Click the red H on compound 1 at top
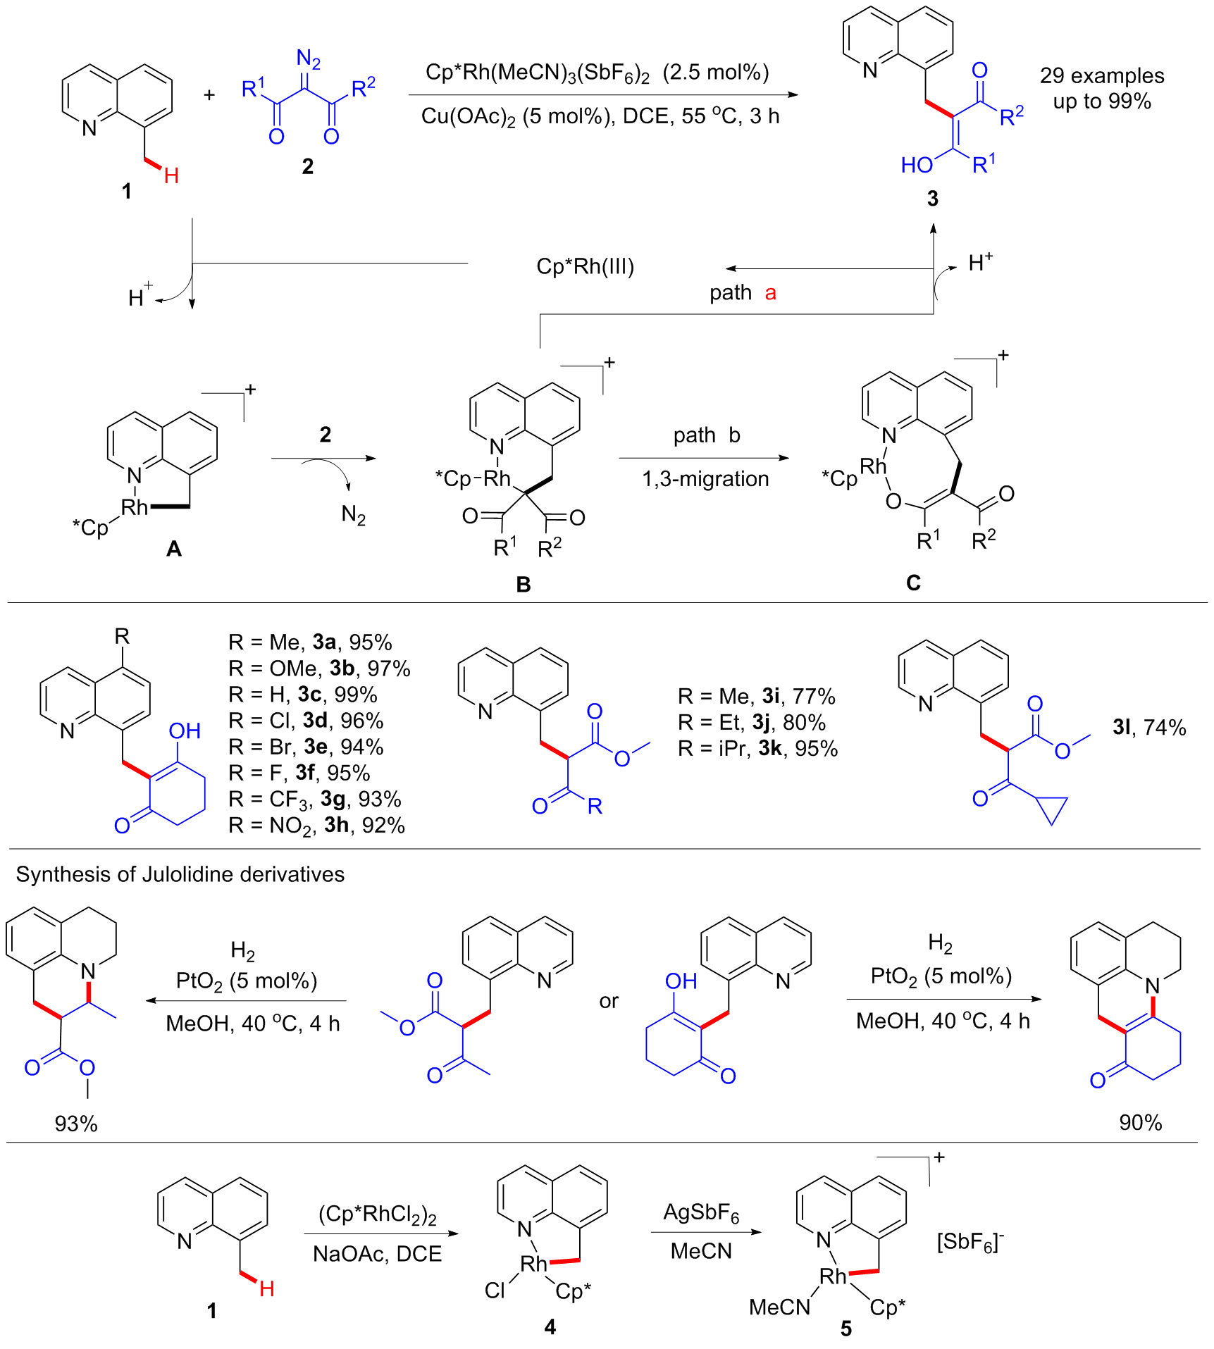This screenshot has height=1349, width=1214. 171,175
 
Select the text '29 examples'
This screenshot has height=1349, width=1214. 1102,75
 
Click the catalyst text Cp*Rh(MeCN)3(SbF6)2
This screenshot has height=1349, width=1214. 537,73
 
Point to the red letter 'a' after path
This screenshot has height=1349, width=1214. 770,292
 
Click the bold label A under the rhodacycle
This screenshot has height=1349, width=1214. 173,548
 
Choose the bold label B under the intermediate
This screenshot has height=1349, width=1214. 523,584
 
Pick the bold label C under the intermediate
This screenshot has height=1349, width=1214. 913,583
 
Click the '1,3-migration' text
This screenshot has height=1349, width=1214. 705,479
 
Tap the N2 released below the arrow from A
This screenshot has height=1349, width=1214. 354,515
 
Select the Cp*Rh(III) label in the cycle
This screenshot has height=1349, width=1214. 585,266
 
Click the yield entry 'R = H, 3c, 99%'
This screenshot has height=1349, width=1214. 302,695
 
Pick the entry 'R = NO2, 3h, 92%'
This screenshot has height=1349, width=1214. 316,825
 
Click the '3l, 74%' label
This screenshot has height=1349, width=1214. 1149,727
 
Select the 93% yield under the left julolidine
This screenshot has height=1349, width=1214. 76,1124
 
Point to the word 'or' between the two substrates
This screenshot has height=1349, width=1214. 609,1000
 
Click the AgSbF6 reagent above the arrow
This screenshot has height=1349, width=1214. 701,1212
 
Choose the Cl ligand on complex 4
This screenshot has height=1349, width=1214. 495,1290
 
